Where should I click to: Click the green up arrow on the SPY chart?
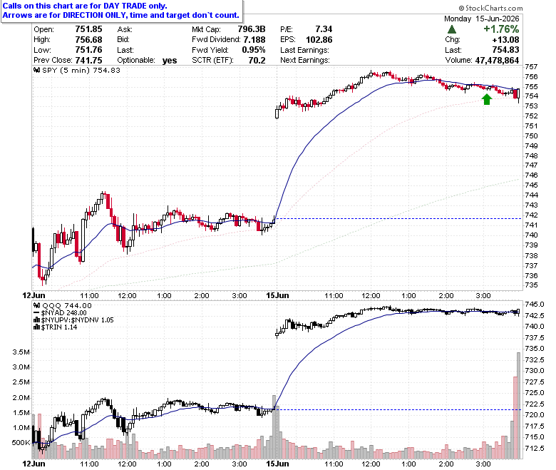click(x=487, y=99)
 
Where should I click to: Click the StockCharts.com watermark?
click(x=490, y=8)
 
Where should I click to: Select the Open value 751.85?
click(x=88, y=29)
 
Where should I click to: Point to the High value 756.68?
click(x=88, y=39)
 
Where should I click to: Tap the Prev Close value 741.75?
click(x=88, y=61)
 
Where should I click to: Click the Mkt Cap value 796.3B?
click(x=252, y=29)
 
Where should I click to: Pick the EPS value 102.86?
click(x=319, y=39)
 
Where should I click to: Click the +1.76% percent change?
click(x=501, y=29)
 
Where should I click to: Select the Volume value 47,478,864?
click(x=497, y=61)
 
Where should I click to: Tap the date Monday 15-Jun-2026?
click(x=482, y=19)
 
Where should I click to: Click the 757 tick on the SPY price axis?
click(x=531, y=67)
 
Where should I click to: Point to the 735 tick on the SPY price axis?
click(x=531, y=285)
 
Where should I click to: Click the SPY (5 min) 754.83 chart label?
click(x=76, y=70)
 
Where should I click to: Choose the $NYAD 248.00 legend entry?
click(x=60, y=313)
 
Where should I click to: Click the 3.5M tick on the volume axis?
click(x=21, y=352)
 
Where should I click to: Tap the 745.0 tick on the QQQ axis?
click(x=535, y=305)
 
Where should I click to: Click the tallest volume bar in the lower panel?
click(x=518, y=406)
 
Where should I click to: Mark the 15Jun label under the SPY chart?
click(x=278, y=295)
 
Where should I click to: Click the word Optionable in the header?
click(x=136, y=61)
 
